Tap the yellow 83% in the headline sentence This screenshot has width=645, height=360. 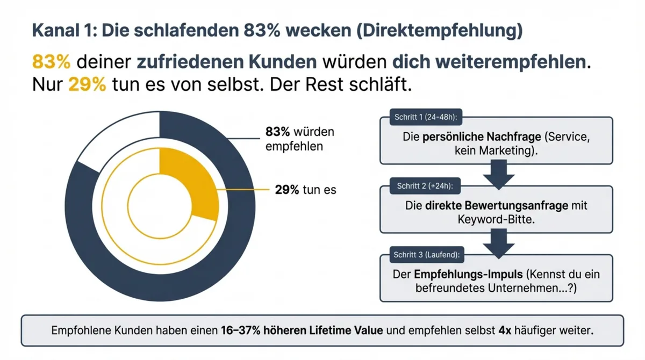point(52,62)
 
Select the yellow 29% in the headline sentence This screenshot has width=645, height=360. point(87,85)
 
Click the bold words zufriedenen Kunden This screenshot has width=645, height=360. point(226,62)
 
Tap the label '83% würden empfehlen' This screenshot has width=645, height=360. point(300,139)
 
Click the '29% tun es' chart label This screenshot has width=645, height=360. point(305,190)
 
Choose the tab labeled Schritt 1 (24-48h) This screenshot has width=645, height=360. point(426,117)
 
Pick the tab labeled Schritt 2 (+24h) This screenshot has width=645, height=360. point(425,186)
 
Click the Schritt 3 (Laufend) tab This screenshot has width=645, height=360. point(428,255)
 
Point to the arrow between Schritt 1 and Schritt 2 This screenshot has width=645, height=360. point(496,175)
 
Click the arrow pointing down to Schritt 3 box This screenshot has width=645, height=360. point(496,244)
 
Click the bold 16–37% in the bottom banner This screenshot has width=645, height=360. point(240,330)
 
